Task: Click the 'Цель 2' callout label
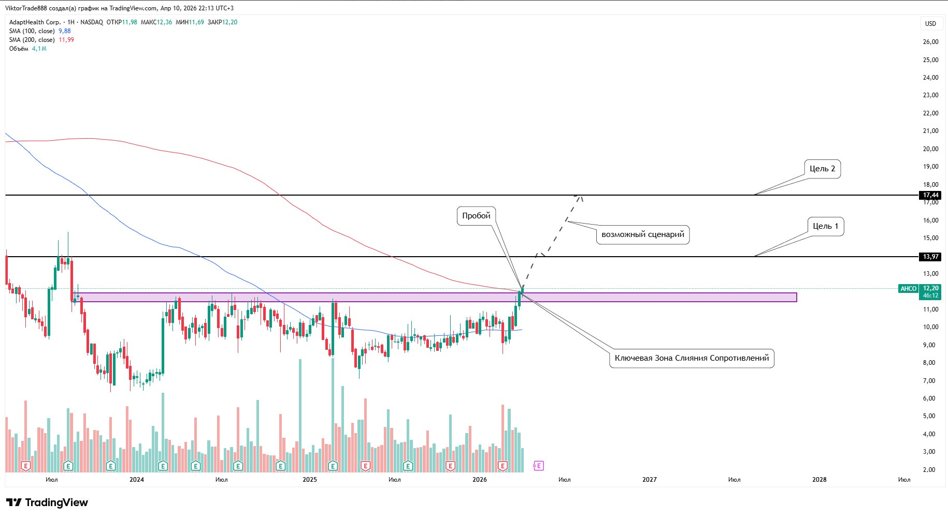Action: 822,169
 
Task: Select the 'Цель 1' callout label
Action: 825,226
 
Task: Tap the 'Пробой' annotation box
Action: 476,216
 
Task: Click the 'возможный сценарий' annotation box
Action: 642,234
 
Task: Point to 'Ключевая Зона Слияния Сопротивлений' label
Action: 692,358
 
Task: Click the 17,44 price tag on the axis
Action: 930,195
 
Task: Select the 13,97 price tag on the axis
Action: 930,257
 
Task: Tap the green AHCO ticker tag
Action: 908,289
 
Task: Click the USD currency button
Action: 930,23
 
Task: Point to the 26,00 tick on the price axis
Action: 930,42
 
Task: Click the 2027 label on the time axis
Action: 649,480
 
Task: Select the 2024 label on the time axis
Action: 137,480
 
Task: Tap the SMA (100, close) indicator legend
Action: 32,31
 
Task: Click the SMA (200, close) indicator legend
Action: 32,40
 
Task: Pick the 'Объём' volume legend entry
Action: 19,49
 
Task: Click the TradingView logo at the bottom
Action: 47,502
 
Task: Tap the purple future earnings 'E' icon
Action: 538,466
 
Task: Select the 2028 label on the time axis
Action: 819,480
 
